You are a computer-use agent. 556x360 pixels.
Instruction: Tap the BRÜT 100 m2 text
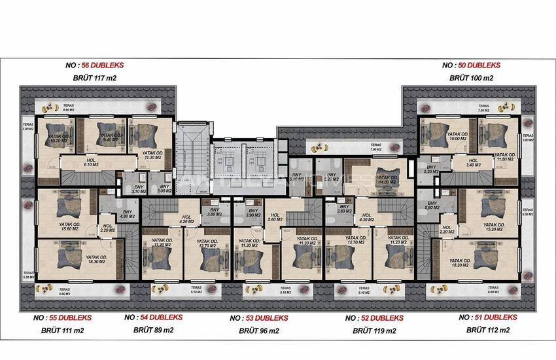(471, 78)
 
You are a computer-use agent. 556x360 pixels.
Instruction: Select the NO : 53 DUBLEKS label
(259, 318)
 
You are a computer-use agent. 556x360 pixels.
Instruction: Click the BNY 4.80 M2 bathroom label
(128, 214)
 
